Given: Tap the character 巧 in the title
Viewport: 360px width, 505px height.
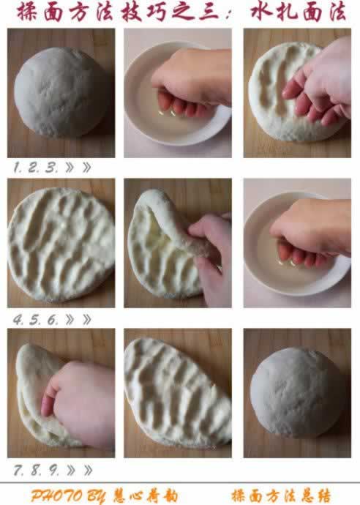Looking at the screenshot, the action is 159,12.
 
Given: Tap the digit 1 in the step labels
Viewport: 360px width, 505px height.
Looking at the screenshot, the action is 17,167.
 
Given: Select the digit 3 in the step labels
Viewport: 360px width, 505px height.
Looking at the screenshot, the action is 51,167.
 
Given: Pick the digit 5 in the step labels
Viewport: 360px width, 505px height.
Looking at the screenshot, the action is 35,320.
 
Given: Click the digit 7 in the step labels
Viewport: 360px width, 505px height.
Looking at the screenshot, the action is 18,470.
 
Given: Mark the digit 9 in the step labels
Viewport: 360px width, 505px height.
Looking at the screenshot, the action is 53,470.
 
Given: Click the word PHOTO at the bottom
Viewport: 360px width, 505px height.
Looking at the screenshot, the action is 56,496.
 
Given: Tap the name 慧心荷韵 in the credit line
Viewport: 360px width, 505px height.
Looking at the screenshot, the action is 145,496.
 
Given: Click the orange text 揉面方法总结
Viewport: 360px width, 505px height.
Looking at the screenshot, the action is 281,496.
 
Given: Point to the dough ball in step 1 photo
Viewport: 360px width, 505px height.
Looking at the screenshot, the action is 59,91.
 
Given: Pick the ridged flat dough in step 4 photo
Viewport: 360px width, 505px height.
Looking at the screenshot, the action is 61,244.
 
